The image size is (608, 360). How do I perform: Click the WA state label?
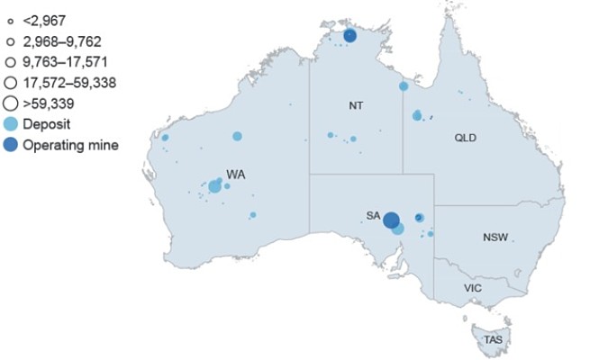pos(235,174)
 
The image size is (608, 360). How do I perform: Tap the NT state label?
pos(356,105)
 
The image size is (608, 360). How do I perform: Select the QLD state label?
pos(465,138)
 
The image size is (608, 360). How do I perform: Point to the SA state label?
pos(373,215)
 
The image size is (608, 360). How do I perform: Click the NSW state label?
pos(495,238)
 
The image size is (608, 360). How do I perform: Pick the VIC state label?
pos(473,288)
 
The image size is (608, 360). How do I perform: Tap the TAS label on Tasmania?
pos(493,339)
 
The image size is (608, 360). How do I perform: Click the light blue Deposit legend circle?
pos(11,123)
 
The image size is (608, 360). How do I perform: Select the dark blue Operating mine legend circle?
pos(11,144)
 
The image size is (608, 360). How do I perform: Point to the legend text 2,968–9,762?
pos(59,40)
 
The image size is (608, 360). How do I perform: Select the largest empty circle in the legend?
pos(11,103)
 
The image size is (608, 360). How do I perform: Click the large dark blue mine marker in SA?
pos(391,220)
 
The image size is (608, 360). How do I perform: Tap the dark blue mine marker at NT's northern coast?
pos(349,36)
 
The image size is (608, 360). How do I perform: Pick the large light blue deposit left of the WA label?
pos(214,186)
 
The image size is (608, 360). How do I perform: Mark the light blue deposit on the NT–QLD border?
pos(404,86)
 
